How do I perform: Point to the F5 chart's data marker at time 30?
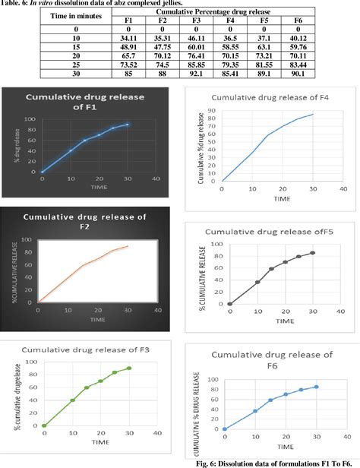coord(312,253)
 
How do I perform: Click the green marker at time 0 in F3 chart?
coord(44,425)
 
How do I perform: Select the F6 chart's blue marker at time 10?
coord(254,411)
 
